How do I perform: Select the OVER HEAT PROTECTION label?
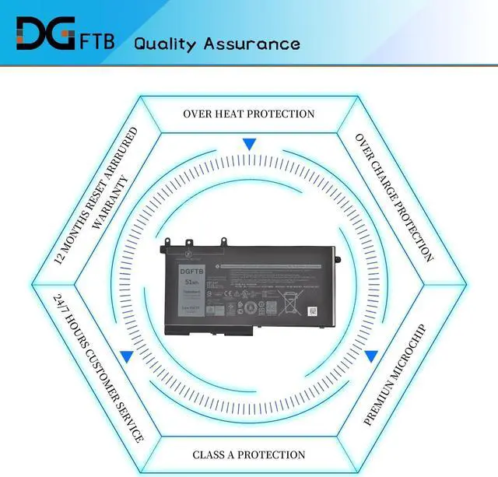tap(249, 114)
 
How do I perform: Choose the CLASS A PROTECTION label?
tap(249, 454)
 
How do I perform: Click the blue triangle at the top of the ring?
tap(249, 144)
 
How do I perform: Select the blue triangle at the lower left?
tap(125, 357)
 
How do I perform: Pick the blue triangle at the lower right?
tap(371, 356)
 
